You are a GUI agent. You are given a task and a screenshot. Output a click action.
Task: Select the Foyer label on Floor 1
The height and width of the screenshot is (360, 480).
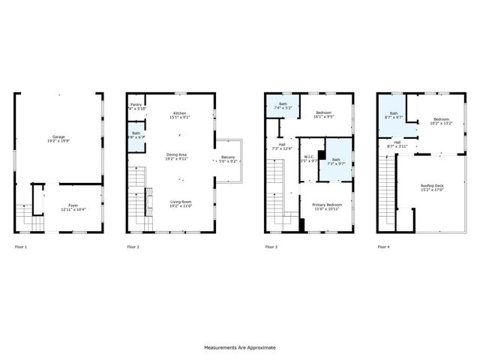[73, 205]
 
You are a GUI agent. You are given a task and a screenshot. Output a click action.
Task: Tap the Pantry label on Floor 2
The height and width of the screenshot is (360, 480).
[136, 106]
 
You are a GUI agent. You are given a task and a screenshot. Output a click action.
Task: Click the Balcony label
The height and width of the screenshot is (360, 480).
[228, 159]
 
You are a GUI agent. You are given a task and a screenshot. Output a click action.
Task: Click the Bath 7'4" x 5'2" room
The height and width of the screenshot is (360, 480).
[283, 107]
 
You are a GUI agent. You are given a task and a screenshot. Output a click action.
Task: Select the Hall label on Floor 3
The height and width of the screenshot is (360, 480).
[282, 147]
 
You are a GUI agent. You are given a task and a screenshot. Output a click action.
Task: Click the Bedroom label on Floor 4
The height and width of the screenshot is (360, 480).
[440, 121]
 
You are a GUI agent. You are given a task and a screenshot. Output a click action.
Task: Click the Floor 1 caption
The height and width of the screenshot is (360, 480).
[21, 247]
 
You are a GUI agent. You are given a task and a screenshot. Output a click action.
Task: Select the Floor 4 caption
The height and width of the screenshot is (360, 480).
[383, 247]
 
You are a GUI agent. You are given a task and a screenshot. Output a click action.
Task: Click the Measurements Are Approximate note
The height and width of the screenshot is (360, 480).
[240, 348]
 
